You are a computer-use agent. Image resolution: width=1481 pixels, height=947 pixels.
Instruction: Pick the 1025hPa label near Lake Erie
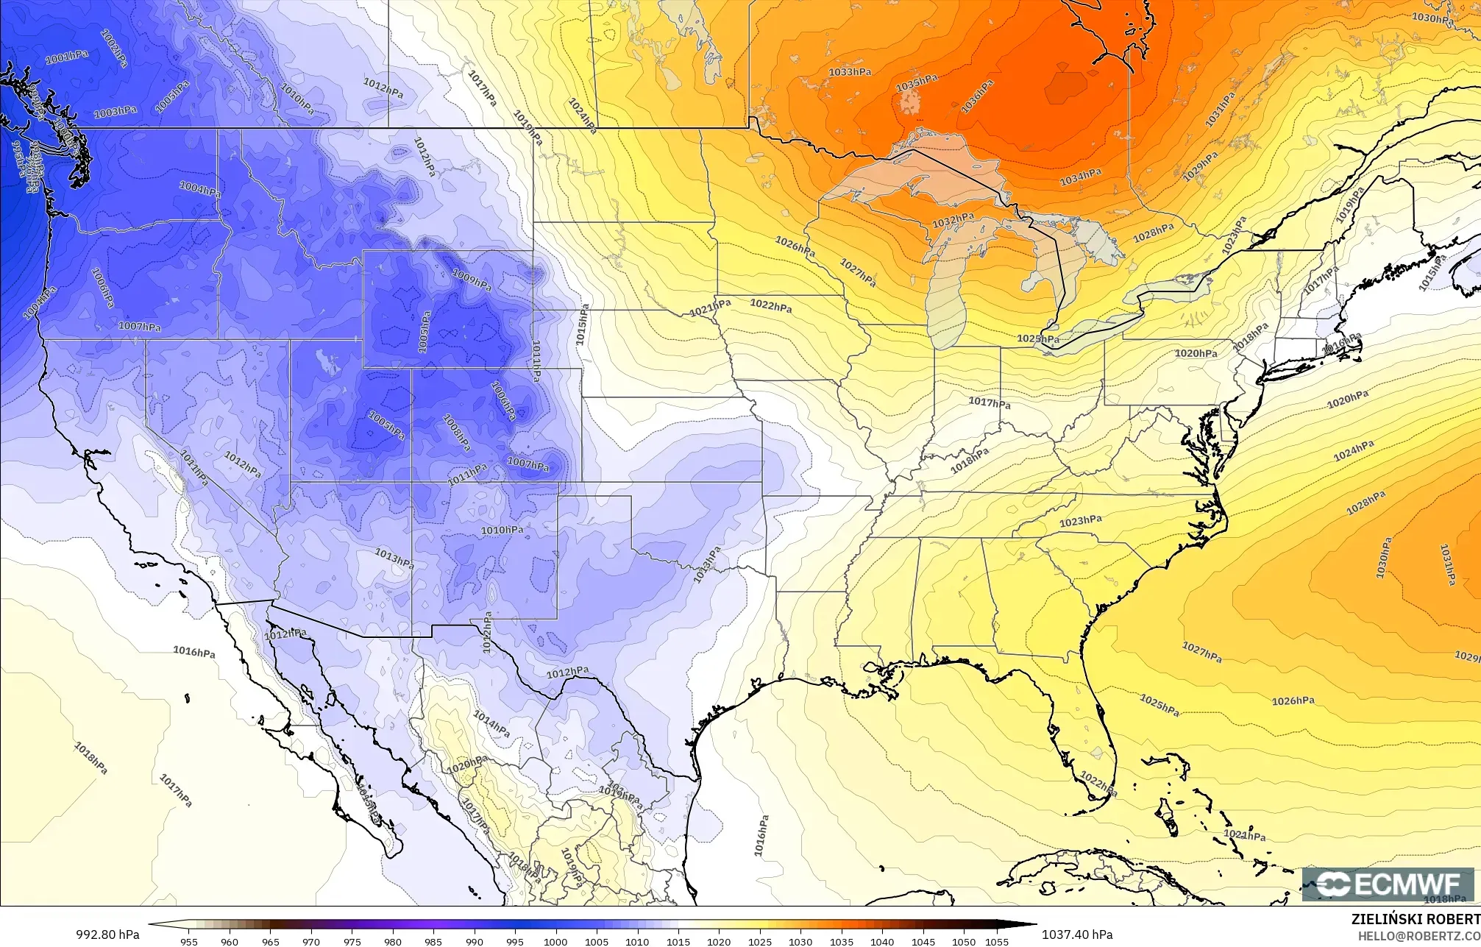pos(1038,339)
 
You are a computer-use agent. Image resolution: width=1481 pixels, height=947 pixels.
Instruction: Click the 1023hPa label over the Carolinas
pos(1081,521)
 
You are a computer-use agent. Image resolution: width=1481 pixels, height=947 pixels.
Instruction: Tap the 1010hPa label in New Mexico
pos(502,531)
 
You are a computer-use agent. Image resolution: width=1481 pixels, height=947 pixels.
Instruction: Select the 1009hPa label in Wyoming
pos(471,280)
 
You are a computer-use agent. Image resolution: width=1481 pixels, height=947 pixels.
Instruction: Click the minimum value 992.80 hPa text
pos(107,934)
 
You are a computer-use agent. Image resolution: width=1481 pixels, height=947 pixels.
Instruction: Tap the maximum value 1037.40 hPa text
pos(1076,934)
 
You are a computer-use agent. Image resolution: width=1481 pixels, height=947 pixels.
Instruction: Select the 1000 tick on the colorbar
pos(555,942)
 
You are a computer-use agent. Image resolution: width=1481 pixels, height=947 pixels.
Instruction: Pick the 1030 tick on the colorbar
pos(800,942)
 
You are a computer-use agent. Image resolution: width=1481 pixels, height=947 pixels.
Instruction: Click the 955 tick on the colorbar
pos(189,942)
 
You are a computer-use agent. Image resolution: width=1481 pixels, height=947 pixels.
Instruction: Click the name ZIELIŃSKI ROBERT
pos(1416,919)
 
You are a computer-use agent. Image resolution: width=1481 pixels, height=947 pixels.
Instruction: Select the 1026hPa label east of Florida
pos(1293,701)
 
